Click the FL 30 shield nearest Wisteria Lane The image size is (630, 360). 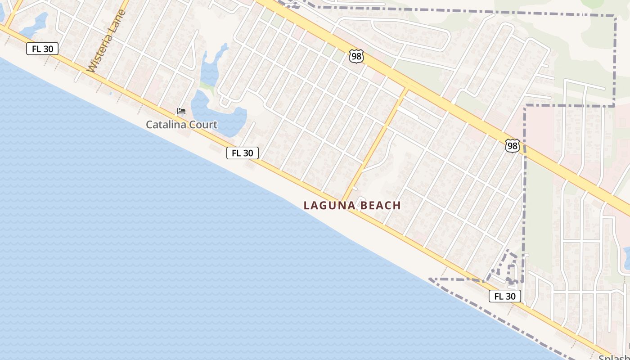pos(42,49)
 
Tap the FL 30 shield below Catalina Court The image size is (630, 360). pos(243,153)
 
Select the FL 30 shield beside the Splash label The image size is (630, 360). pos(505,296)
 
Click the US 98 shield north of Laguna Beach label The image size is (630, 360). pos(356,57)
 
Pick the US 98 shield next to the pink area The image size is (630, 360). pos(512,146)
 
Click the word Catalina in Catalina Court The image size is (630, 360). pos(166,125)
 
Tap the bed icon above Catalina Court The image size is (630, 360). pos(181,111)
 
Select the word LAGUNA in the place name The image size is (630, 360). pos(329,206)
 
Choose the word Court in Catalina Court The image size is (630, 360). pos(203,125)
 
